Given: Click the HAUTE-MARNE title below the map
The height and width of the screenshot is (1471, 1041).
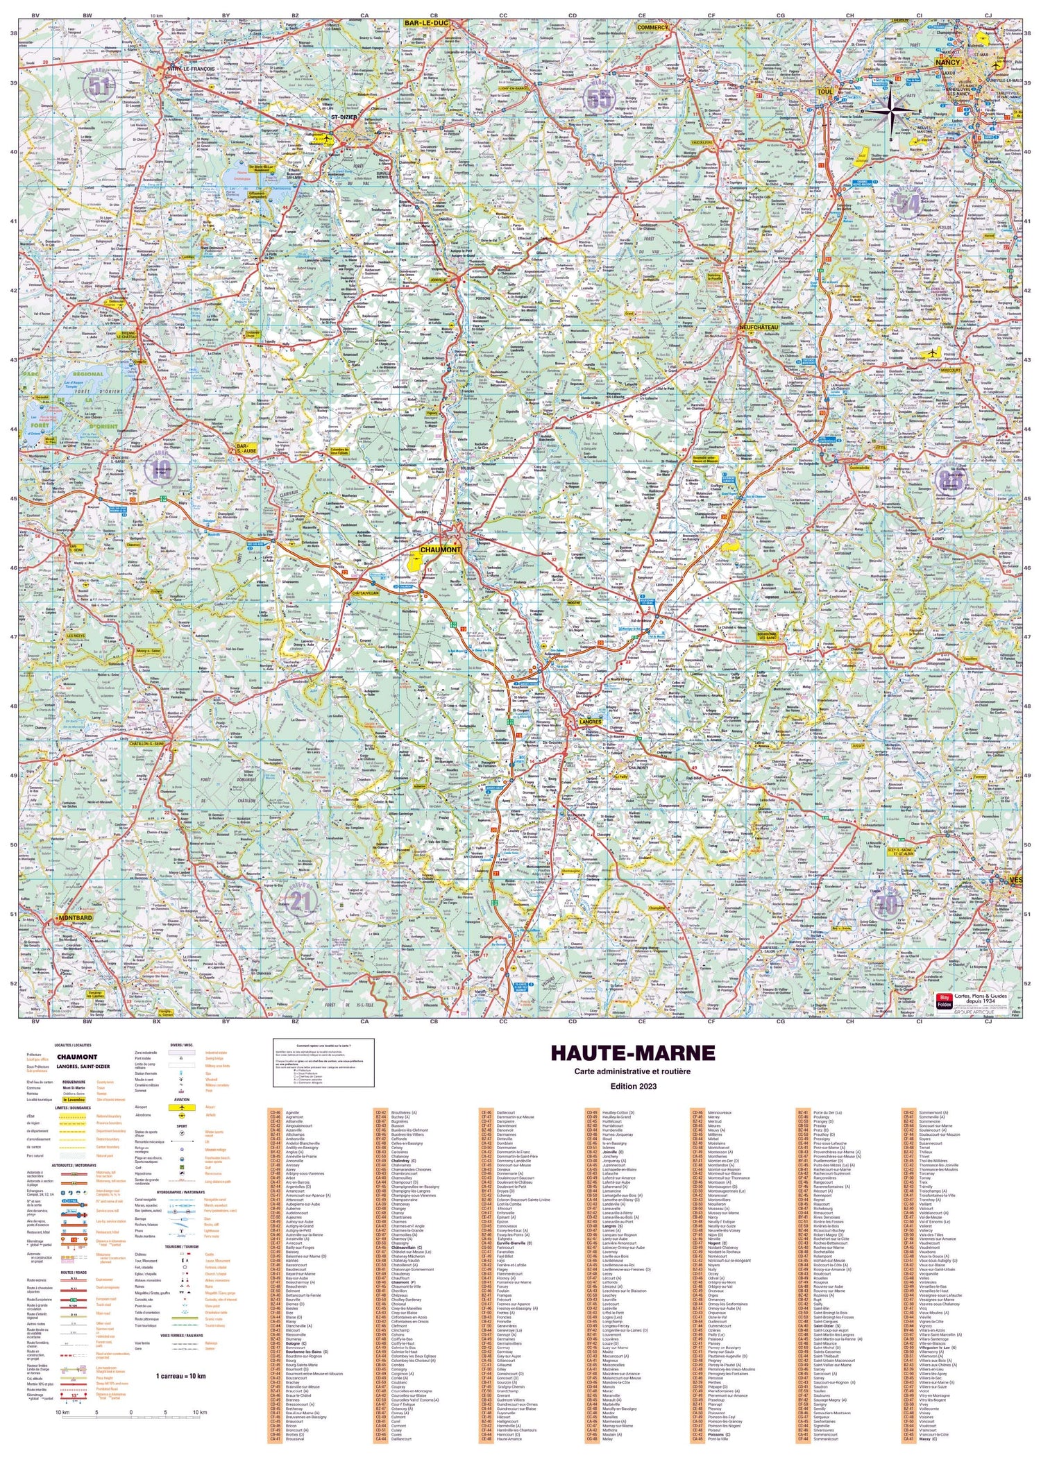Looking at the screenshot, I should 632,1052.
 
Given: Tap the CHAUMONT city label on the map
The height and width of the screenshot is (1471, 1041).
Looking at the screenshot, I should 440,550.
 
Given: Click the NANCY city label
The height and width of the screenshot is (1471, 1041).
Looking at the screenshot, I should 947,62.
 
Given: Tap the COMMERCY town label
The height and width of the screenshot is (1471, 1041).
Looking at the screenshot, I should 652,28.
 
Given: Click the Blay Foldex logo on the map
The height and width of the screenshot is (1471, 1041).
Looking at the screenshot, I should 944,1000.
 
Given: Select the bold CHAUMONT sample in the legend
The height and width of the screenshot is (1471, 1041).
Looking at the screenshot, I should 77,1057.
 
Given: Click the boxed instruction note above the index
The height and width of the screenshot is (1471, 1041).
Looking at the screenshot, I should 323,1053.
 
